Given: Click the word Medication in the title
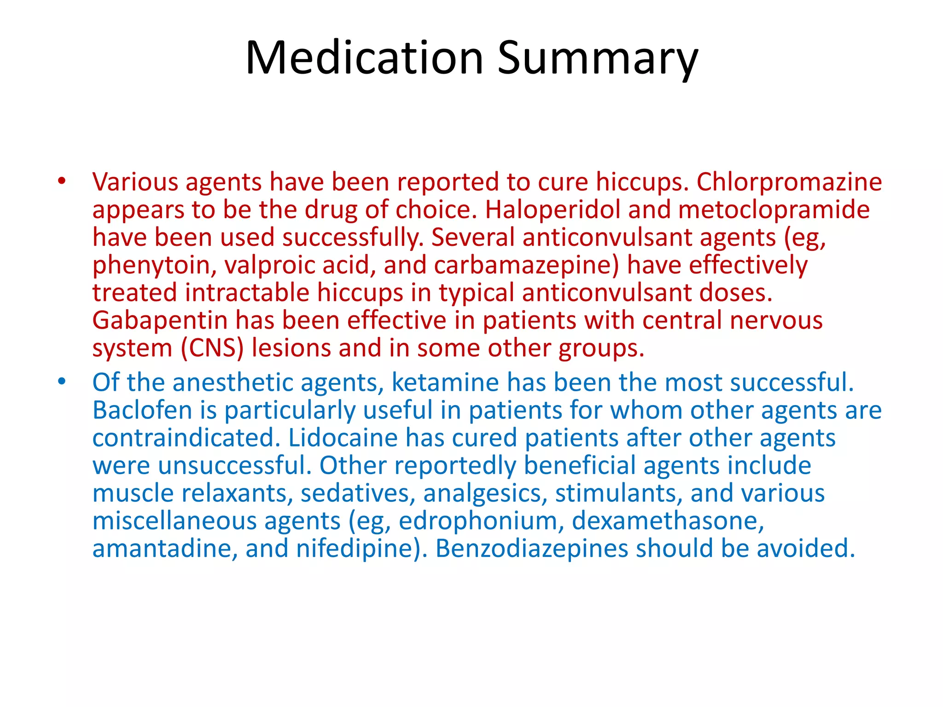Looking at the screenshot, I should pyautogui.click(x=364, y=58).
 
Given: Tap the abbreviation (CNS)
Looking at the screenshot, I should pyautogui.click(x=212, y=348).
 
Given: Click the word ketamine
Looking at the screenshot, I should pyautogui.click(x=445, y=382).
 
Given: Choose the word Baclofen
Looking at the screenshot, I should pyautogui.click(x=142, y=410).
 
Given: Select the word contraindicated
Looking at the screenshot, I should pyautogui.click(x=186, y=438).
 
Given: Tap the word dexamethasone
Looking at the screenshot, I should pyautogui.click(x=668, y=521).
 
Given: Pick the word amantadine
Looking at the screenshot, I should pyautogui.click(x=165, y=549).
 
